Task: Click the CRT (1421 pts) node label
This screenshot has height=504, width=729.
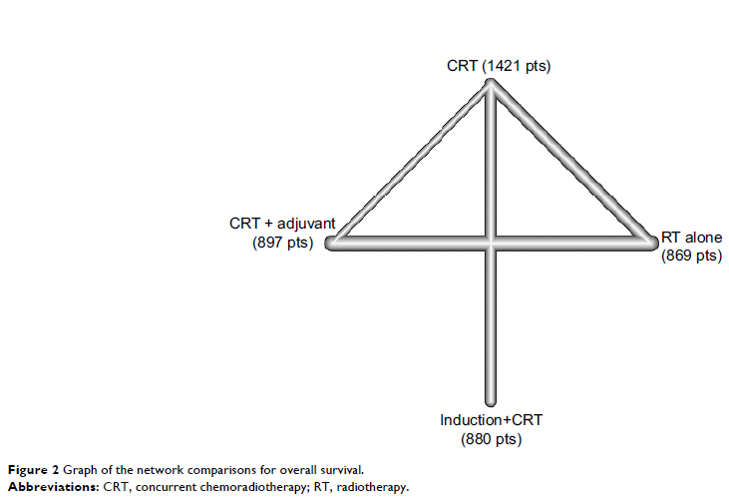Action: [499, 67]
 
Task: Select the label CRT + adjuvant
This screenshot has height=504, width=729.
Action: [282, 224]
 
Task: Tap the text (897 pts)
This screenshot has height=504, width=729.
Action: [282, 242]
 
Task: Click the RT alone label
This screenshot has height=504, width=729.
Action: [692, 239]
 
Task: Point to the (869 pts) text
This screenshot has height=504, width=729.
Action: [691, 255]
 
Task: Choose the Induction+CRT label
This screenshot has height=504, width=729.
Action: [490, 420]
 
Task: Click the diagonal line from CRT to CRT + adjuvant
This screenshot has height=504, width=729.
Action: [412, 162]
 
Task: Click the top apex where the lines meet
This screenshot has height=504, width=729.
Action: [491, 83]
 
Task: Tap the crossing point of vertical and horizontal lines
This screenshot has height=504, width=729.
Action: [491, 244]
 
